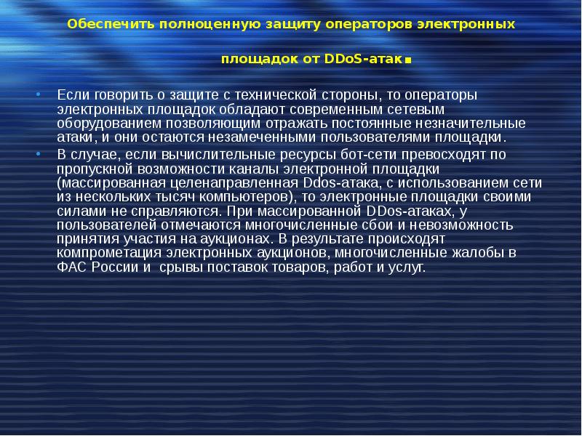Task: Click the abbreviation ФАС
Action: coord(70,267)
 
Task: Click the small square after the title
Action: coord(408,60)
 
